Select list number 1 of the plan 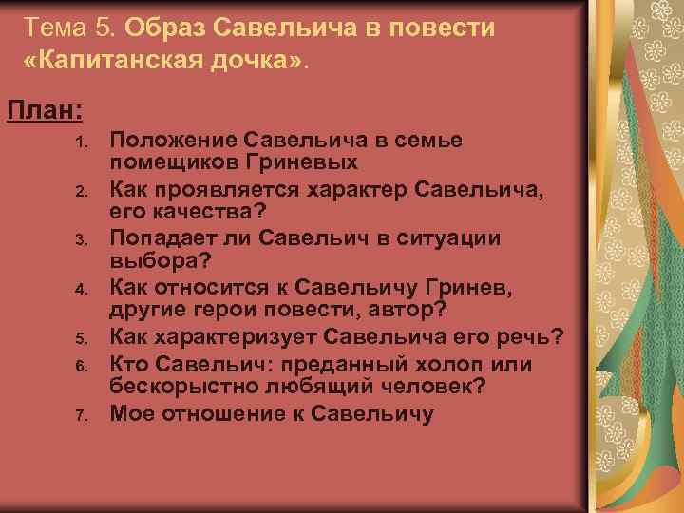[x=84, y=142]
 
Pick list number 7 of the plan [x=84, y=414]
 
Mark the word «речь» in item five [x=533, y=337]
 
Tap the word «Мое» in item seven [x=132, y=413]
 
